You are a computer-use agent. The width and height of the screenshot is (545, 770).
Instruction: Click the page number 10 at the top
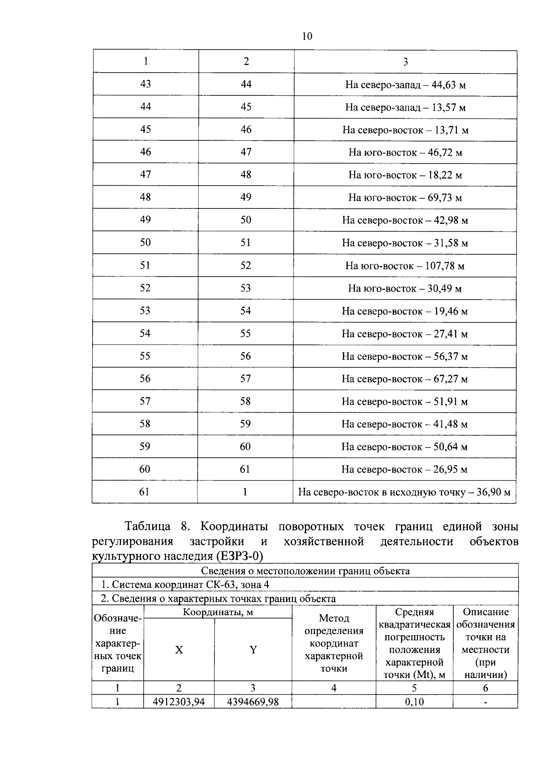click(307, 36)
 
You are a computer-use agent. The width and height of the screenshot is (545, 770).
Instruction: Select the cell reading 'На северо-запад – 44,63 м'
click(405, 85)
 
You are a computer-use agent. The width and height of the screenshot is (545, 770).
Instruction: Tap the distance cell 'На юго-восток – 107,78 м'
click(405, 266)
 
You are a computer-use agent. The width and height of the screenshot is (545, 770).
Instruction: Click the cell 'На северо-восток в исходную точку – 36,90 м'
click(404, 492)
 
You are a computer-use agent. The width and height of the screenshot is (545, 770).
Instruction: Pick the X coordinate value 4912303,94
click(179, 702)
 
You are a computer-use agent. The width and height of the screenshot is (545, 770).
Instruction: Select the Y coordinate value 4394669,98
click(253, 702)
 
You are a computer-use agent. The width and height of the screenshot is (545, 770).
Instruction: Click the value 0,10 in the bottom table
click(414, 702)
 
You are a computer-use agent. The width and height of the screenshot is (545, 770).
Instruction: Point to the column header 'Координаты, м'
click(218, 612)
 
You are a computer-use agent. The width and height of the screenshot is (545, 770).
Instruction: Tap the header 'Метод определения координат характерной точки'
click(334, 643)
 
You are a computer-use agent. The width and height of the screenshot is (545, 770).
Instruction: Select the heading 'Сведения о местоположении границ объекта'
click(305, 571)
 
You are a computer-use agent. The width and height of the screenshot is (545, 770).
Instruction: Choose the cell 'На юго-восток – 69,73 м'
click(405, 197)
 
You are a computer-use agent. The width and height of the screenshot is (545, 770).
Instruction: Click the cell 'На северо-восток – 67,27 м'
click(405, 379)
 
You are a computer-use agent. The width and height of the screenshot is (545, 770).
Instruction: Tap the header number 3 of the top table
click(405, 62)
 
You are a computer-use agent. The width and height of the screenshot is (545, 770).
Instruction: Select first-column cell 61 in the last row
click(144, 492)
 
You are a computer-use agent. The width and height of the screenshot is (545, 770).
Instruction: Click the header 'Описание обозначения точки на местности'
click(486, 643)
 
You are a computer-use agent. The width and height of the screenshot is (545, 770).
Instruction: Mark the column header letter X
click(179, 650)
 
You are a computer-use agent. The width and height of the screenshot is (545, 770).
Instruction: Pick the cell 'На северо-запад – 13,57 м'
click(405, 108)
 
